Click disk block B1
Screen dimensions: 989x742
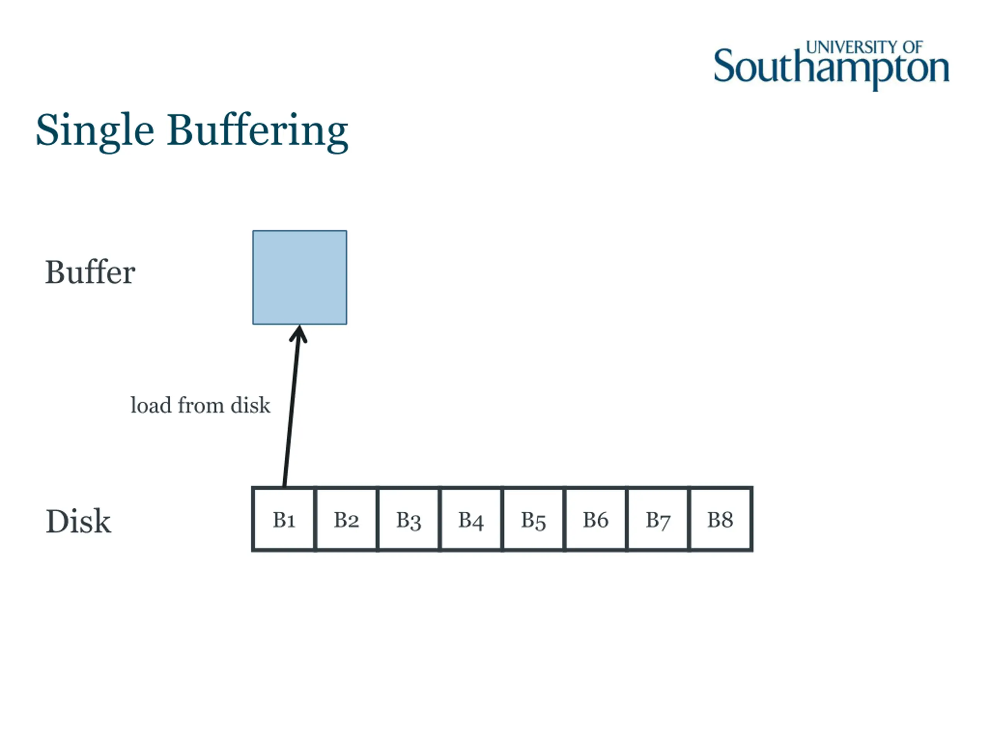284,519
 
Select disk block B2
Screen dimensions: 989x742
347,519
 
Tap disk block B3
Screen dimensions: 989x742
409,519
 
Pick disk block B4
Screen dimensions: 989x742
471,519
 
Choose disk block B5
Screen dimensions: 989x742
534,519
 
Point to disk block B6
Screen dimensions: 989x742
596,519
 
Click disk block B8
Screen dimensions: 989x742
720,519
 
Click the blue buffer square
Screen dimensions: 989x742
299,277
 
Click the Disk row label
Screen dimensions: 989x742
78,521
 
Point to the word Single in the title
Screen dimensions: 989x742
95,131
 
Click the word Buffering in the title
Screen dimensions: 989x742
258,131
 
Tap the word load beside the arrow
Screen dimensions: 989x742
151,405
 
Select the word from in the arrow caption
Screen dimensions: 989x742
201,405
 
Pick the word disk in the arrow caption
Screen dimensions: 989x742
250,405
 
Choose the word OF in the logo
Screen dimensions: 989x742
913,47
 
